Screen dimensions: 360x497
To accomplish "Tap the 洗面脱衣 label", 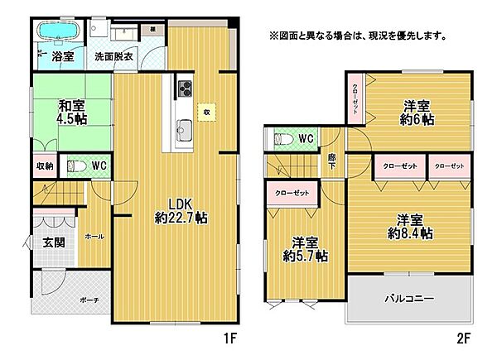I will tap(113, 58).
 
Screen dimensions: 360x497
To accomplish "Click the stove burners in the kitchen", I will tap(184, 89).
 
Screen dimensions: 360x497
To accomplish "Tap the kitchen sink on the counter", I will tap(184, 128).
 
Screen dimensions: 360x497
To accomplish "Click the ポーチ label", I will tap(89, 299).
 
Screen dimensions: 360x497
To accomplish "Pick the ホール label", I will tap(94, 236).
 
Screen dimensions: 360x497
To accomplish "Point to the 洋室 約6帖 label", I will tap(417, 112).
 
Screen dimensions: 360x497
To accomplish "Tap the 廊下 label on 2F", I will tap(331, 164).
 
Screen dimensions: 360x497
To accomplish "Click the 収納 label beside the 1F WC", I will tap(45, 166).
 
